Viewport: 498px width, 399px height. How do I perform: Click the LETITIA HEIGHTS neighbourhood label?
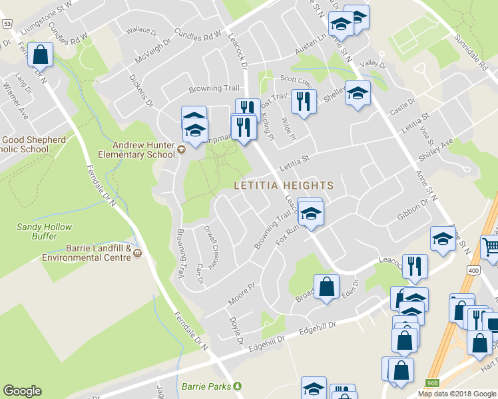pyautogui.click(x=282, y=184)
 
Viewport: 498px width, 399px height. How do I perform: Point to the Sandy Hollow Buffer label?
pyautogui.click(x=44, y=231)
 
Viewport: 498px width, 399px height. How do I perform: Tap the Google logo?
pyautogui.click(x=22, y=391)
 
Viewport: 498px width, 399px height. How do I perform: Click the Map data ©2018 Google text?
pyautogui.click(x=457, y=394)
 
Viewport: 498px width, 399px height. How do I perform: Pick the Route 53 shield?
pyautogui.click(x=7, y=23)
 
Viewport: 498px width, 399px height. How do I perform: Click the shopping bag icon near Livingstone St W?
pyautogui.click(x=41, y=55)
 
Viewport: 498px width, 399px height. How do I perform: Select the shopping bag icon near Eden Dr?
pyautogui.click(x=327, y=287)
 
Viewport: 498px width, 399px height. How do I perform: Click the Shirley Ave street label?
pyautogui.click(x=435, y=150)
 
